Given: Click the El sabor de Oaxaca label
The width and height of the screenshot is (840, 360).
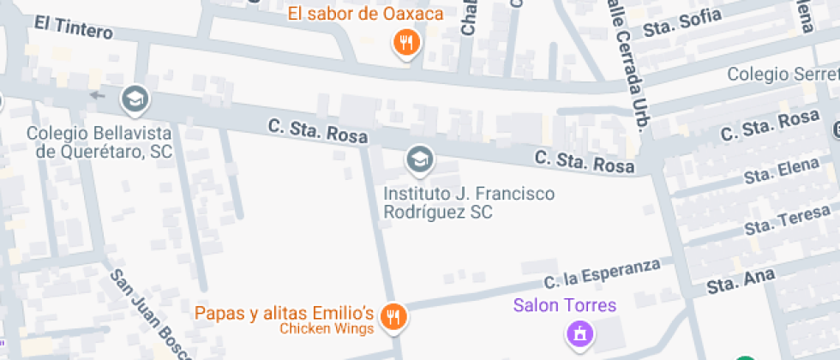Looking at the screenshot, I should (x=365, y=14).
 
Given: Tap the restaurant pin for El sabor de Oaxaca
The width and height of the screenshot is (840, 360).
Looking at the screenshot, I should (x=405, y=42).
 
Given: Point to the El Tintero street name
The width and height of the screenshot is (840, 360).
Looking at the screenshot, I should (x=74, y=28).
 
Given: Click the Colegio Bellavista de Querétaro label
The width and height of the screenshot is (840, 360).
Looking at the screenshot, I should (x=99, y=143).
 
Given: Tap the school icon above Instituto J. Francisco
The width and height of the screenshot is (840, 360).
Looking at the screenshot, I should (x=419, y=159).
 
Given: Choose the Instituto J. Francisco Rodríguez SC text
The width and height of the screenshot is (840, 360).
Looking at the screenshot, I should (x=469, y=202).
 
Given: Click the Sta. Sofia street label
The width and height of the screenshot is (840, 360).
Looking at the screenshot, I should (x=683, y=23).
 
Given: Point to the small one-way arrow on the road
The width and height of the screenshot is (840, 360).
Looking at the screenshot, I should (x=97, y=95).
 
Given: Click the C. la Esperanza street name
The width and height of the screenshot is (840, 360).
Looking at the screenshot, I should (x=603, y=273).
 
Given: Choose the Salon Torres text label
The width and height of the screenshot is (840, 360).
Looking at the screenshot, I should (x=565, y=304).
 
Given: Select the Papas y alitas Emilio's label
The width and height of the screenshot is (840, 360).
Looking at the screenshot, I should (x=285, y=312).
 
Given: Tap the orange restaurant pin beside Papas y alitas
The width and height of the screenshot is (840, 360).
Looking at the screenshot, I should (x=393, y=317).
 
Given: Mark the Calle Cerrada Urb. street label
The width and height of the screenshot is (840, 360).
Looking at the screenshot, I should (x=627, y=64).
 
